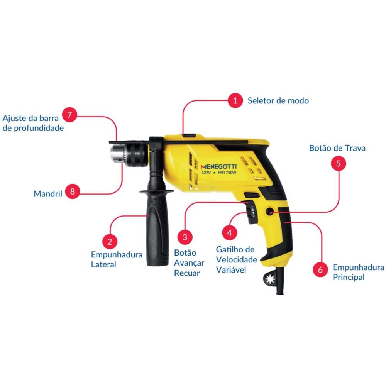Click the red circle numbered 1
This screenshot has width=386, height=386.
[235, 100]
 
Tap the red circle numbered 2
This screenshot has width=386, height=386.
[110, 242]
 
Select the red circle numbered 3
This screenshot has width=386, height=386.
[185, 237]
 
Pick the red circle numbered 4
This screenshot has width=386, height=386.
[229, 233]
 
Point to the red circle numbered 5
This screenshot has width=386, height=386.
[338, 163]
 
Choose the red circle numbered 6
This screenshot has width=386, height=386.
[320, 269]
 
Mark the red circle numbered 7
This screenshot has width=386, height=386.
[69, 115]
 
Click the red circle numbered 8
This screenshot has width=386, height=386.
[73, 191]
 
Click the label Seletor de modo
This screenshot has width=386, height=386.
[278, 101]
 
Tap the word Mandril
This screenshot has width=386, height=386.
[48, 194]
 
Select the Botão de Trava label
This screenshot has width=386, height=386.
[337, 148]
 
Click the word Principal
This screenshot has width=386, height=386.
[349, 277]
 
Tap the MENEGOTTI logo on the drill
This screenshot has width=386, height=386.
[218, 167]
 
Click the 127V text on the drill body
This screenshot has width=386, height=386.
[206, 173]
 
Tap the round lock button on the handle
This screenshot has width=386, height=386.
[270, 212]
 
